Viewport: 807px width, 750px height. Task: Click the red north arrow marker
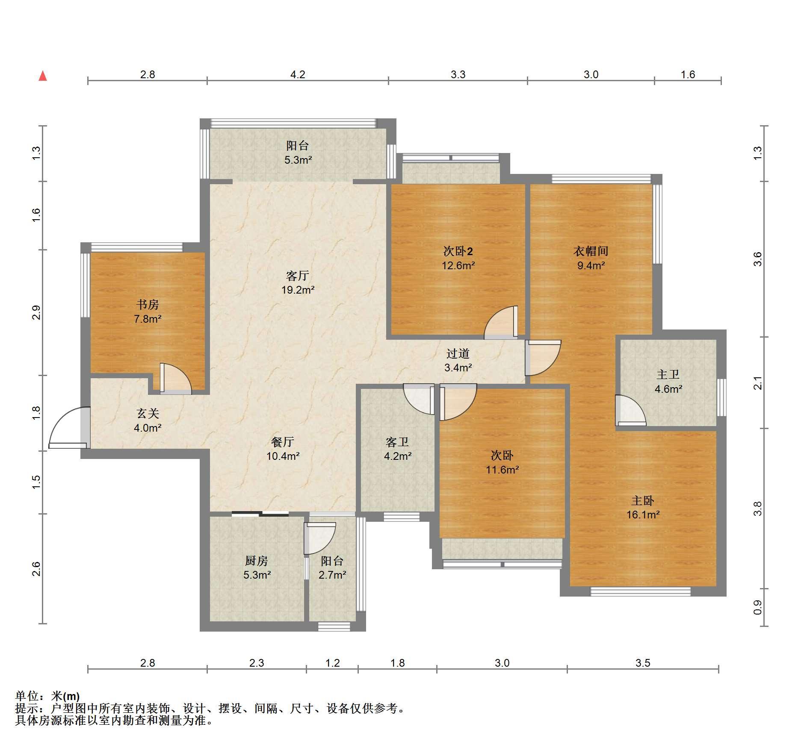43,76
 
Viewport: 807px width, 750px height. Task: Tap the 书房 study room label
148,304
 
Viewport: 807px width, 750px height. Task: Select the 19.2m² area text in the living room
298,290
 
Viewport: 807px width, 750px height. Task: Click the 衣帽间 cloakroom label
591,251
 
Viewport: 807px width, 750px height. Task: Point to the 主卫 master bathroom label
668,375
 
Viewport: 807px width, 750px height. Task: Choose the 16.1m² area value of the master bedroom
643,515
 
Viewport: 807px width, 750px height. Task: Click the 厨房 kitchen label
257,561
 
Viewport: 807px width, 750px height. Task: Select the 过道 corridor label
458,353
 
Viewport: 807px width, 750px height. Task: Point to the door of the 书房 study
176,378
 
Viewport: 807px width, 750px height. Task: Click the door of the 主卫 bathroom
630,410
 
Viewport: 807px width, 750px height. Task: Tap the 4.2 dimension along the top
298,75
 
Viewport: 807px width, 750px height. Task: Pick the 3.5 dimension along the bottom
643,663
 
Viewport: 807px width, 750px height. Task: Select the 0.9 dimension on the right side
757,607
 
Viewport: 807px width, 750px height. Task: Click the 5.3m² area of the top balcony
298,160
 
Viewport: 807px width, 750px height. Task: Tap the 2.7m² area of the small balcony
332,575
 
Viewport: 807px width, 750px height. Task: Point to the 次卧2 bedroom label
458,251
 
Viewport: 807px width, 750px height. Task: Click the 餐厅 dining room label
283,441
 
